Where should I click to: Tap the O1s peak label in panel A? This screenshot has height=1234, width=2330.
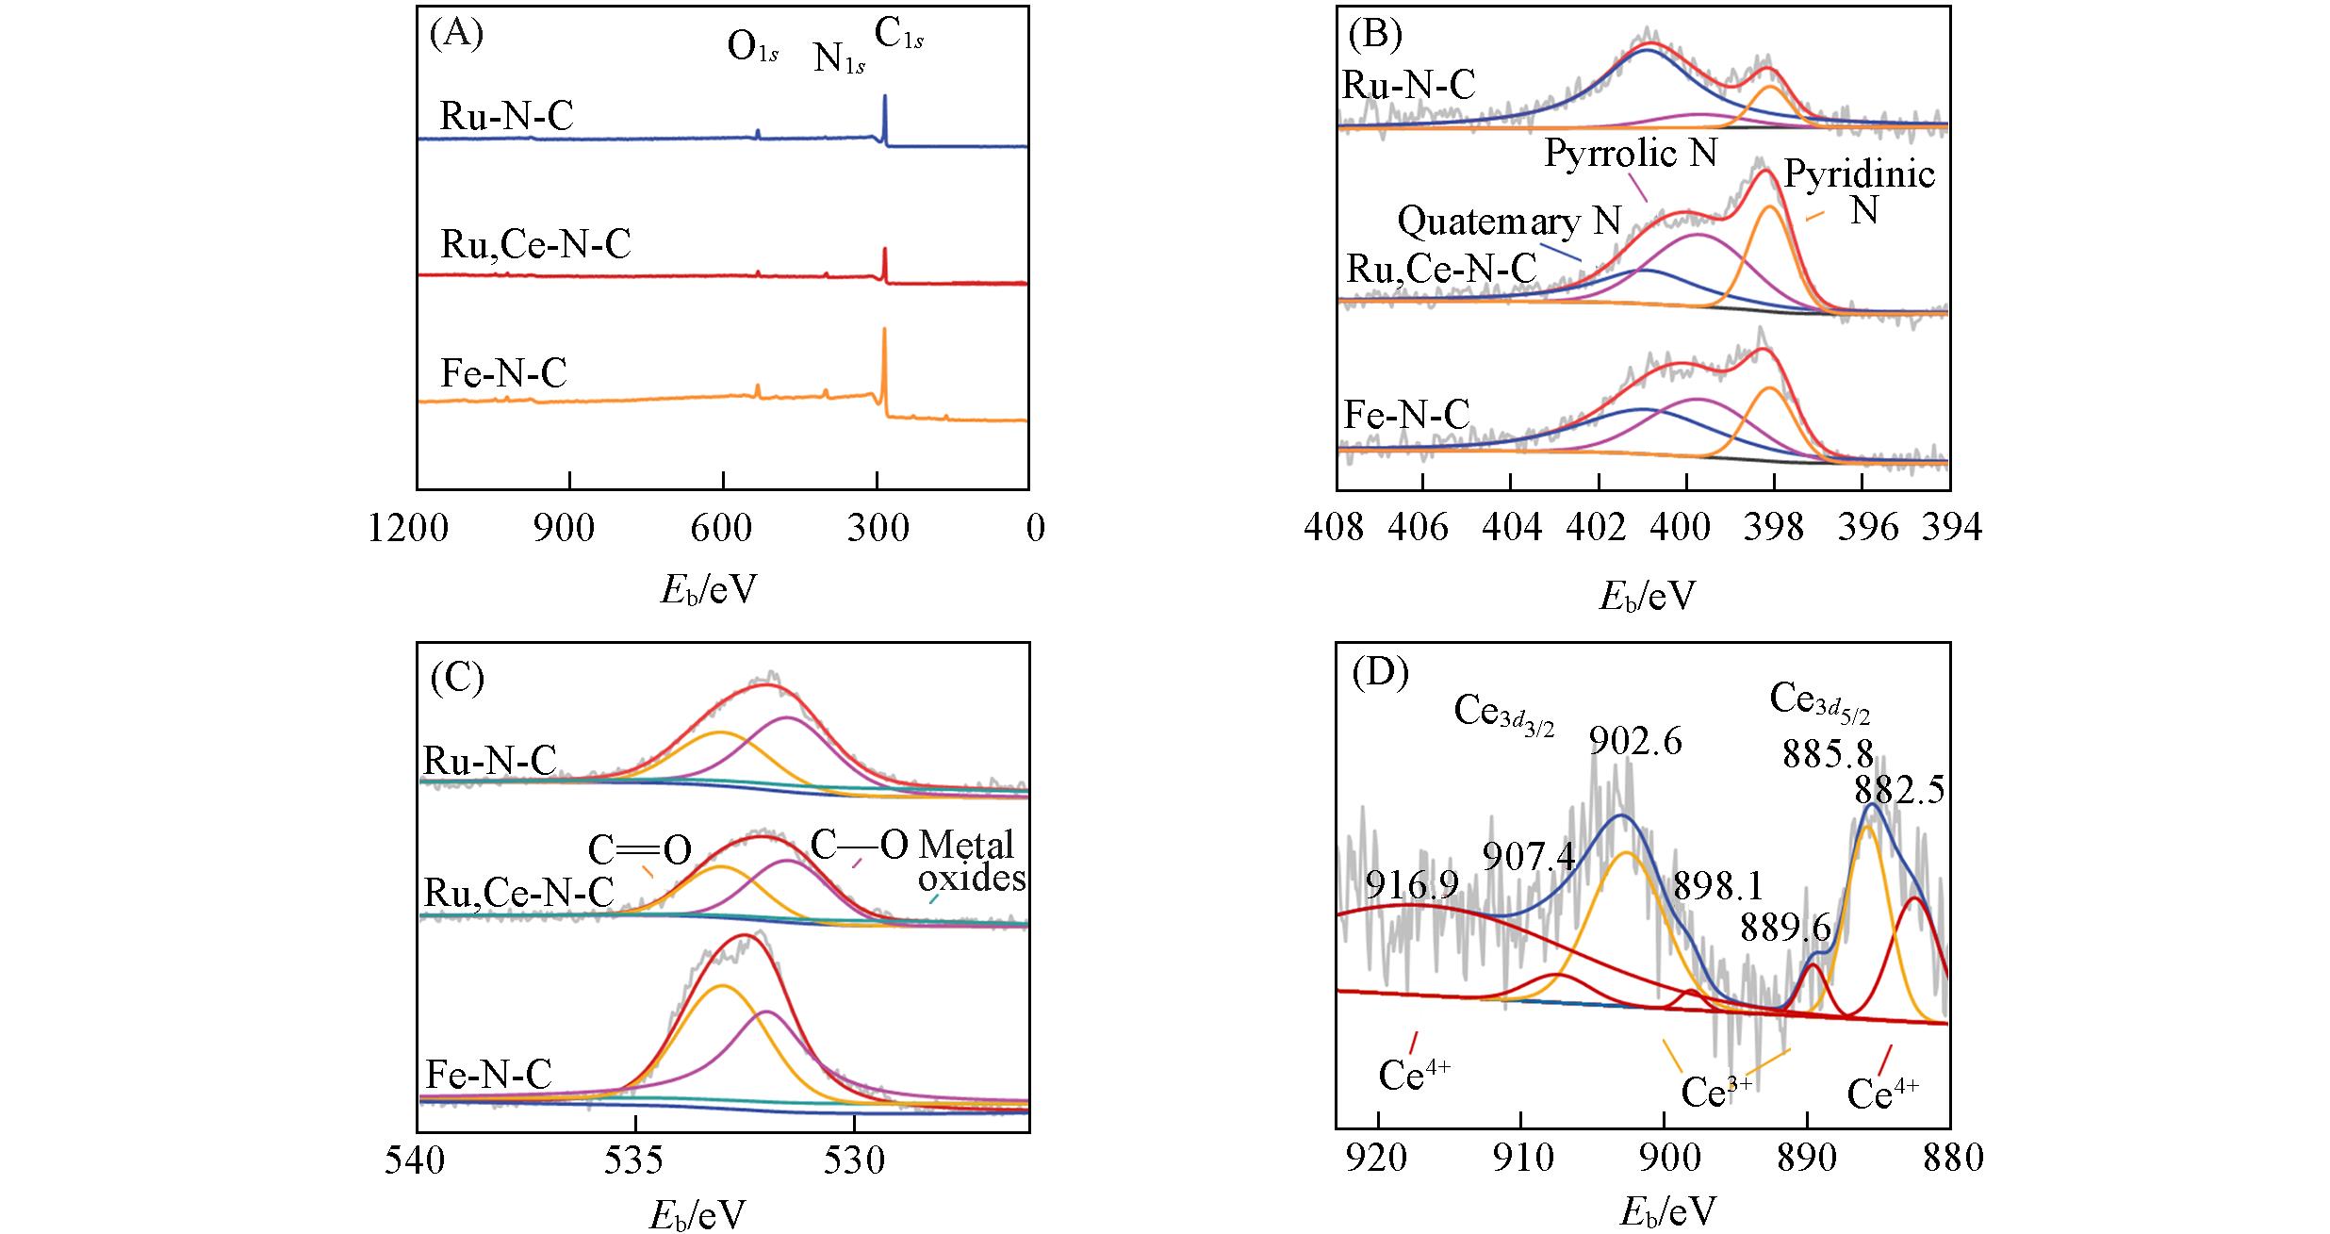pyautogui.click(x=752, y=46)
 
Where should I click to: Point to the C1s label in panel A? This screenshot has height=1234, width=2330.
pyautogui.click(x=898, y=35)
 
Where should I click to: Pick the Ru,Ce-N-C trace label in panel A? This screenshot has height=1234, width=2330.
pyautogui.click(x=535, y=245)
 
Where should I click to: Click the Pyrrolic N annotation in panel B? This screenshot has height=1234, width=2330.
pyautogui.click(x=1631, y=154)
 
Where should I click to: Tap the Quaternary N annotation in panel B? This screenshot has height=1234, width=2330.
pyautogui.click(x=1508, y=221)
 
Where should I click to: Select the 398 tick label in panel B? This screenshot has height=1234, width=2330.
pyautogui.click(x=1773, y=529)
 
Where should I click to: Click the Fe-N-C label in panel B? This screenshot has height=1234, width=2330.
pyautogui.click(x=1406, y=415)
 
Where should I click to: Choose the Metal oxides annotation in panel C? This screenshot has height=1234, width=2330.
pyautogui.click(x=971, y=861)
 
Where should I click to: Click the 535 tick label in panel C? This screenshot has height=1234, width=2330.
pyautogui.click(x=633, y=1161)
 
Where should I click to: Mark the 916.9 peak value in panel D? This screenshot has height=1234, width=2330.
pyautogui.click(x=1412, y=885)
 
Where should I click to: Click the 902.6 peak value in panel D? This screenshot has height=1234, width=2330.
pyautogui.click(x=1634, y=742)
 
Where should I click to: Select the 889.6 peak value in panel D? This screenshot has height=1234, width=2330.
pyautogui.click(x=1785, y=929)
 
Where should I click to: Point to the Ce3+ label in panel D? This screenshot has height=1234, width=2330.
pyautogui.click(x=1716, y=1093)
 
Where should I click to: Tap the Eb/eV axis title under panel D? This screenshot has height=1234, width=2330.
pyautogui.click(x=1667, y=1212)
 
